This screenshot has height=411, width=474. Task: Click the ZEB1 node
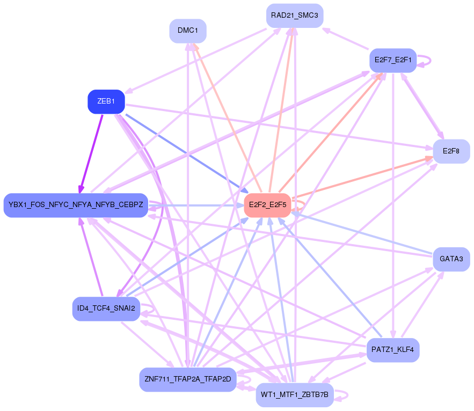106,102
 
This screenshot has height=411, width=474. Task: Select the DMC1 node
188,31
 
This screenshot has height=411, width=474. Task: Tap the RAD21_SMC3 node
295,16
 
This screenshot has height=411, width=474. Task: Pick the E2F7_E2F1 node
393,60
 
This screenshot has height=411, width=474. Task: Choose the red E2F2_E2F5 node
267,205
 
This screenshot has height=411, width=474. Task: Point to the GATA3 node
451,259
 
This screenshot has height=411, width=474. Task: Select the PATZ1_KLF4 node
392,350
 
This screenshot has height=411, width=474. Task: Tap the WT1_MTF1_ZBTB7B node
295,395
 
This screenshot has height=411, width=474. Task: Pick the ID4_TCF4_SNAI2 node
106,309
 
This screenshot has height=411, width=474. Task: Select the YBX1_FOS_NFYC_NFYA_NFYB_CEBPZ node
76,205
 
